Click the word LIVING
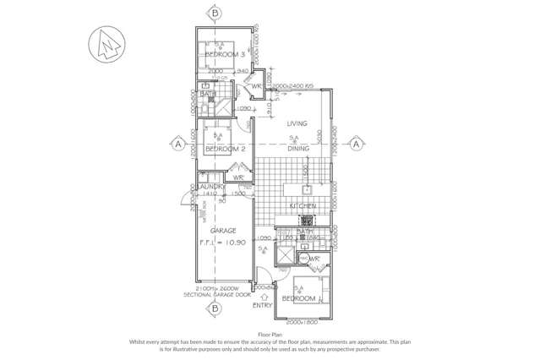[x=297, y=123]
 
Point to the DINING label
[x=297, y=149]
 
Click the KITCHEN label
[x=303, y=205]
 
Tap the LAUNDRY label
[x=210, y=186]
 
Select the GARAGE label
[x=223, y=230]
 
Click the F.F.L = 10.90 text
[x=224, y=243]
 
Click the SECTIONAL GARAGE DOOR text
[x=217, y=297]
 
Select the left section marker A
[x=178, y=144]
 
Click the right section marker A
[x=357, y=144]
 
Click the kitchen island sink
[x=308, y=189]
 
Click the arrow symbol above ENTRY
[x=265, y=297]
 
